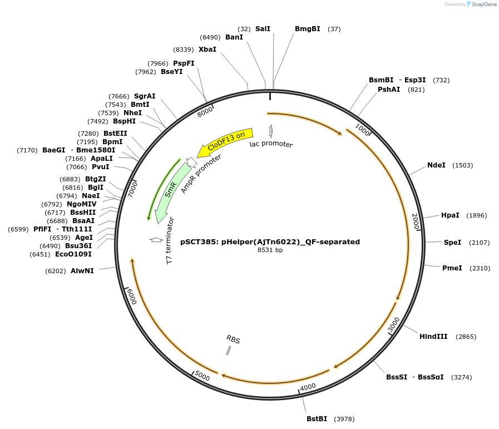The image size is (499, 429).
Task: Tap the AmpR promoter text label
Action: tap(201, 174)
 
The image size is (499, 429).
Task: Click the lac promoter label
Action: tap(271, 144)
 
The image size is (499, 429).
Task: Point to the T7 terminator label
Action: tap(170, 241)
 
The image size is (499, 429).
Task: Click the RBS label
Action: tap(233, 339)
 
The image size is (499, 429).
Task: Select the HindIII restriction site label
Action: tap(433, 337)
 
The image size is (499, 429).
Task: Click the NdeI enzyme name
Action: tap(436, 165)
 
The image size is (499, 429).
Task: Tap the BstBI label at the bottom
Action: tap(317, 419)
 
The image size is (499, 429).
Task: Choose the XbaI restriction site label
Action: tap(207, 50)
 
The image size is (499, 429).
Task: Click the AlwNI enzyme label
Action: tap(82, 270)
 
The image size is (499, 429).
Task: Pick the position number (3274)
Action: tap(461, 377)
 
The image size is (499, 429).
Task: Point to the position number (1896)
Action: tap(476, 215)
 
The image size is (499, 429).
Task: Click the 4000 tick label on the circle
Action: tap(308, 387)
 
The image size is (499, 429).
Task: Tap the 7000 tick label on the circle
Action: tap(132, 189)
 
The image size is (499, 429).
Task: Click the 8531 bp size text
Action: tap(270, 250)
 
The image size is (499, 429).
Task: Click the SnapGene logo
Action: tap(481, 4)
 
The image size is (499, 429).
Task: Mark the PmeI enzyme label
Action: tap(452, 268)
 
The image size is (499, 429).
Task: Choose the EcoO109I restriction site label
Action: tap(73, 254)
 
